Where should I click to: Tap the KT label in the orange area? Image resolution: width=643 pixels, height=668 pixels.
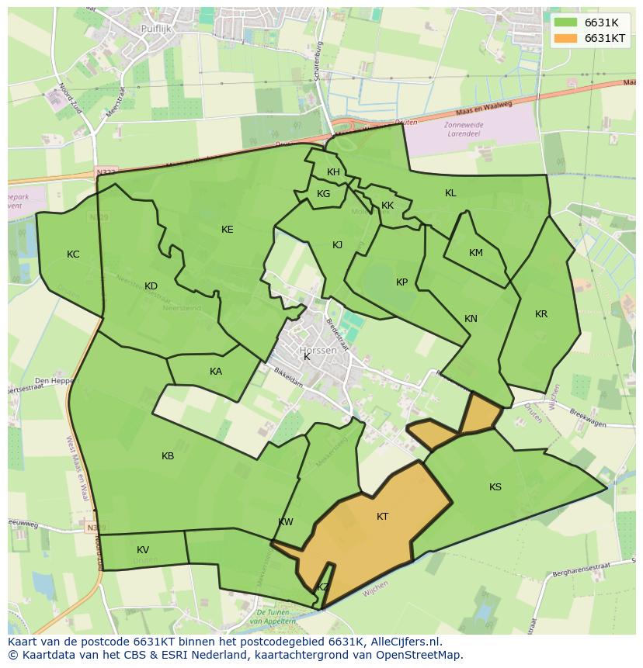[382, 517]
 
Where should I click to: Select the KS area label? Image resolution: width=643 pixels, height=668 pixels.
[495, 487]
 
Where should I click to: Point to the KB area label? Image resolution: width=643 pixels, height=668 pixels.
[168, 456]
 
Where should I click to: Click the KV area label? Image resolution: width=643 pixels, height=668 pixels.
[143, 550]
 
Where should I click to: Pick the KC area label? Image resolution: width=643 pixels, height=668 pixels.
[73, 254]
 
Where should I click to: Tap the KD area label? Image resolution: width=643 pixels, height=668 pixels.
[151, 286]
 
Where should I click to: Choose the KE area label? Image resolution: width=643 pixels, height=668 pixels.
[227, 230]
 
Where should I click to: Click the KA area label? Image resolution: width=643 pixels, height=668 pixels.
[216, 372]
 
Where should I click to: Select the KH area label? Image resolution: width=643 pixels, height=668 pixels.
[333, 172]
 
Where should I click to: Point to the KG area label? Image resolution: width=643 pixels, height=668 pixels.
[323, 194]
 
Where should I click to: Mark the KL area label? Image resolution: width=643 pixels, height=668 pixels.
[450, 193]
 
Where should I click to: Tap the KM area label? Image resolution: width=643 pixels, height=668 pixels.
[476, 253]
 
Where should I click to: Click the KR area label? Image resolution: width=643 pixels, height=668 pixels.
[541, 314]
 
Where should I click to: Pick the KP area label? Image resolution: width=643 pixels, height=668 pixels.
[401, 282]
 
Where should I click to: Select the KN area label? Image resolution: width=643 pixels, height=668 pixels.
[471, 319]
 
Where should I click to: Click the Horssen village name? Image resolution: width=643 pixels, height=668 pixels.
[318, 351]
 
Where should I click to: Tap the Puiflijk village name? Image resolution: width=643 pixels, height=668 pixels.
[156, 29]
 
